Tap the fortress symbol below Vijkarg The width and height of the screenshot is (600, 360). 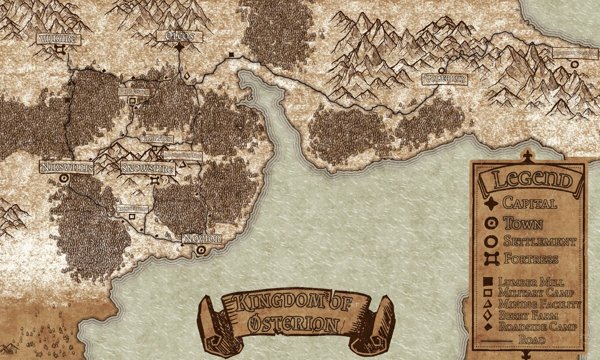click(x=60, y=49)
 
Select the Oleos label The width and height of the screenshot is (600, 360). click(x=179, y=36)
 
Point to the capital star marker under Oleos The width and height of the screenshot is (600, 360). click(x=179, y=47)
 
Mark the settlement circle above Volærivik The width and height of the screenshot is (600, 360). click(x=441, y=71)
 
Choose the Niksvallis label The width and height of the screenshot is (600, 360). click(x=66, y=167)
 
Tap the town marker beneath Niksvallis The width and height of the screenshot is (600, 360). click(x=63, y=178)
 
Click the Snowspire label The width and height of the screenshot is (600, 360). click(x=148, y=169)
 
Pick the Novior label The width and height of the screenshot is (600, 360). click(x=201, y=239)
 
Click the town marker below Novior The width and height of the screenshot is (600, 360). click(x=201, y=249)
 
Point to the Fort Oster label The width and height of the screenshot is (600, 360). click(x=132, y=92)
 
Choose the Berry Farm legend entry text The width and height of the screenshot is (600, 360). click(x=528, y=315)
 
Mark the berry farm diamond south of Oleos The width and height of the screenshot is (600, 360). click(x=187, y=76)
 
